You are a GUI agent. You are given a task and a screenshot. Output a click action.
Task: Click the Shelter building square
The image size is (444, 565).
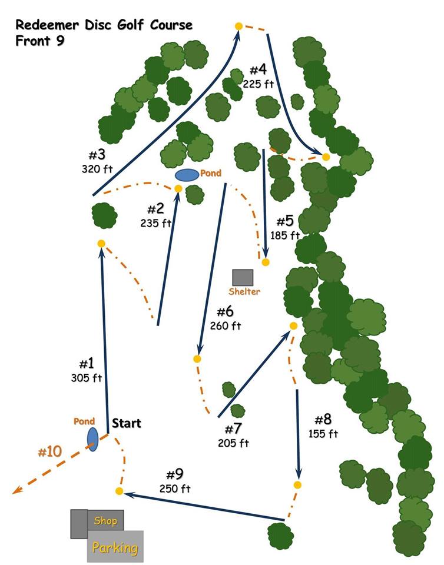tap(243, 278)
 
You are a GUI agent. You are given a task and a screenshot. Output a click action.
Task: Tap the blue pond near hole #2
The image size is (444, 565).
tap(187, 175)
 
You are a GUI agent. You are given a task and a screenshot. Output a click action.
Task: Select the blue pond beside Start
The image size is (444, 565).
tap(92, 439)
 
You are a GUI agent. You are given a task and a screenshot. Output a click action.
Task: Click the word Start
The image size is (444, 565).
tap(127, 423)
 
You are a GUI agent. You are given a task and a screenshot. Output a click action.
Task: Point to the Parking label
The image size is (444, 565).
tap(115, 548)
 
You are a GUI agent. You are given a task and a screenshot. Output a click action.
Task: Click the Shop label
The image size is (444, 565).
tap(105, 521)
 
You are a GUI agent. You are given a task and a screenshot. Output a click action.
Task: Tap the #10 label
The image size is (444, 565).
tap(49, 452)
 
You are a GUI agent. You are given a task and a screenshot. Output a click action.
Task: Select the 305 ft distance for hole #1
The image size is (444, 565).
tap(87, 378)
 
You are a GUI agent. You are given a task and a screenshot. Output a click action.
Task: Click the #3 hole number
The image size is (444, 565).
tap(97, 155)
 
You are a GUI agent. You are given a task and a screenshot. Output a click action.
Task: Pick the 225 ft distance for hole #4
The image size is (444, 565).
tap(259, 84)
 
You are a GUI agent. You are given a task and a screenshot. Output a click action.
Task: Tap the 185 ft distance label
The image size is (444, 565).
tap(286, 235)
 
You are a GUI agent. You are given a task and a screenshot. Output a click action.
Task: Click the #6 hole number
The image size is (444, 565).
tap(226, 312)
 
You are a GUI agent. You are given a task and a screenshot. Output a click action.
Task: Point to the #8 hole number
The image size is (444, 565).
tap(323, 420)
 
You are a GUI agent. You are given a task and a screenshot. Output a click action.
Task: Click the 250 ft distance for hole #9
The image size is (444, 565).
tap(175, 488)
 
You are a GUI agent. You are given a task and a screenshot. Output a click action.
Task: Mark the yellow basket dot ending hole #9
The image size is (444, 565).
tap(119, 491)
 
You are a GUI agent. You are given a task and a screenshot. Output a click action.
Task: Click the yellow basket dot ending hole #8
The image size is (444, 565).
tap(297, 484)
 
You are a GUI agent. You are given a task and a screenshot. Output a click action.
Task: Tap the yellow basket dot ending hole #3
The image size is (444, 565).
tap(238, 26)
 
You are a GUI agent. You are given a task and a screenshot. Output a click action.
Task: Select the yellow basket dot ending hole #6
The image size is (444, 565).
tap(197, 358)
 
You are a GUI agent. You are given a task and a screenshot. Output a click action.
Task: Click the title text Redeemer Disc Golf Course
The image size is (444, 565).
tap(104, 25)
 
